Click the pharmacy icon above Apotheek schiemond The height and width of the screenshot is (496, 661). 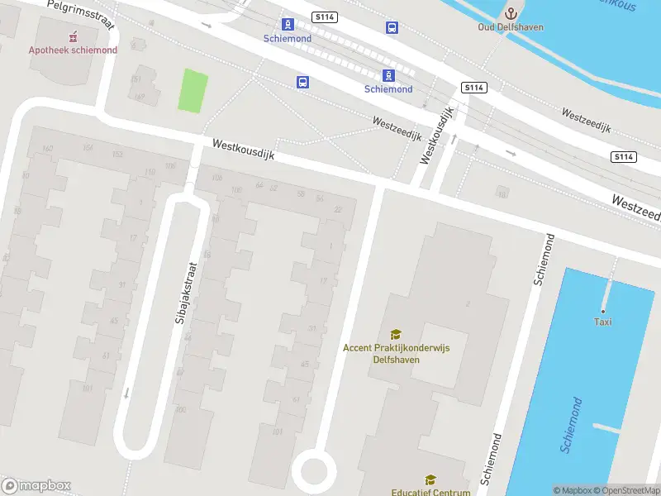tap(73, 36)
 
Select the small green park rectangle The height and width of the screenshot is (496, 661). tap(193, 92)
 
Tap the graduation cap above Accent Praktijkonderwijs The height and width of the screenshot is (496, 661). tap(396, 334)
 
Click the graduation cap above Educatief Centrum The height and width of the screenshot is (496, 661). tap(430, 479)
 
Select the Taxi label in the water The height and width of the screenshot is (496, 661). tap(603, 322)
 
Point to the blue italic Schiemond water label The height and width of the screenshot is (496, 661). tap(571, 424)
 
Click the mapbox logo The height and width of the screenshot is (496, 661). tap(36, 485)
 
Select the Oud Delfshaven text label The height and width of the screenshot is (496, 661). tap(511, 26)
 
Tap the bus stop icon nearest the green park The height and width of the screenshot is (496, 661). tap(303, 82)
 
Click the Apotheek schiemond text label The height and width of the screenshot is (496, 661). tap(73, 50)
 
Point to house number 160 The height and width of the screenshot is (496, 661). tap(47, 149)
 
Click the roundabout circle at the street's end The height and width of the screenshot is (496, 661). tap(315, 470)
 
